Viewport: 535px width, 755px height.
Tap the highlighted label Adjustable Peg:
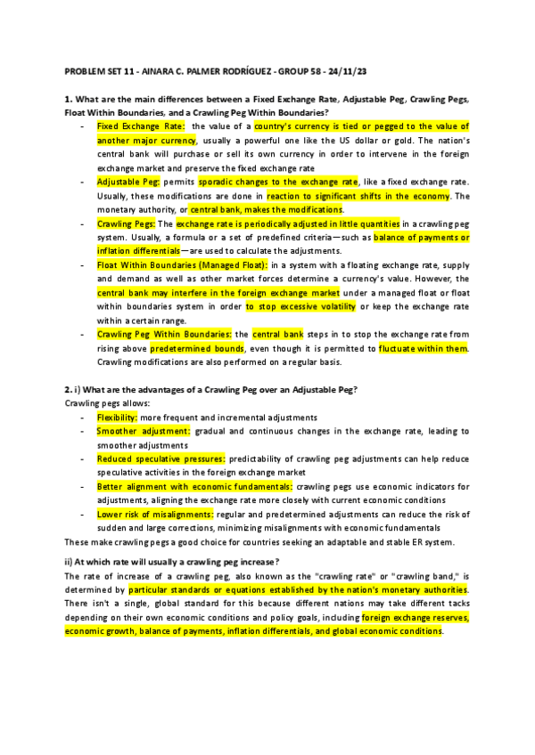pos(128,181)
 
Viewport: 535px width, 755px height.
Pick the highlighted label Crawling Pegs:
pos(126,223)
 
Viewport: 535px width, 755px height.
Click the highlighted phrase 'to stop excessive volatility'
pos(304,306)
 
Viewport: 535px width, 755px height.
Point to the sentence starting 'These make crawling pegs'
pos(259,542)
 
